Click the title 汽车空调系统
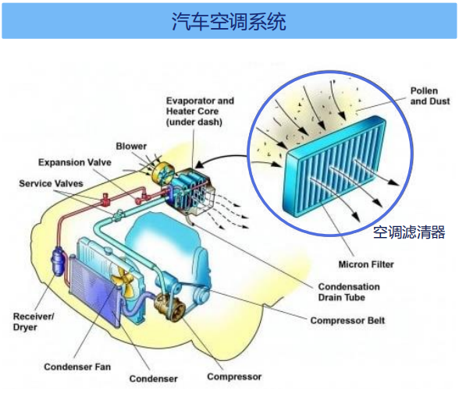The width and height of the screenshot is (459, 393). (x=229, y=21)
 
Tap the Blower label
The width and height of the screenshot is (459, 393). (x=131, y=147)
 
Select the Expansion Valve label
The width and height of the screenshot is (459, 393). (x=75, y=162)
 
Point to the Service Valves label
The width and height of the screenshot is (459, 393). (x=51, y=184)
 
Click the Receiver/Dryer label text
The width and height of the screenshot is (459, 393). (x=34, y=321)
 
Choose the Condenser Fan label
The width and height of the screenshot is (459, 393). (x=77, y=366)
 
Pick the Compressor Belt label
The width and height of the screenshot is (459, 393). (x=347, y=320)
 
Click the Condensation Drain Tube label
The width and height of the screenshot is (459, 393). (x=349, y=292)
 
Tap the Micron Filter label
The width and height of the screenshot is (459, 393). (x=366, y=264)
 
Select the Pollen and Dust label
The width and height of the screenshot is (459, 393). (x=429, y=96)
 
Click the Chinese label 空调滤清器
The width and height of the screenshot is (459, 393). (x=409, y=232)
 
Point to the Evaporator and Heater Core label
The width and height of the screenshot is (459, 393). (x=200, y=112)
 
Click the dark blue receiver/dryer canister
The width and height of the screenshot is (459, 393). (x=59, y=261)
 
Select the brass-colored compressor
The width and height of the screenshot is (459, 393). (x=170, y=306)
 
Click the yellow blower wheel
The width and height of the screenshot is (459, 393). (x=163, y=175)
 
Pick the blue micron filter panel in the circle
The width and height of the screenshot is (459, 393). (x=334, y=166)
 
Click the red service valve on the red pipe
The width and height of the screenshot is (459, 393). (x=105, y=200)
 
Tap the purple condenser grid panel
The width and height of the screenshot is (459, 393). (x=94, y=289)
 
